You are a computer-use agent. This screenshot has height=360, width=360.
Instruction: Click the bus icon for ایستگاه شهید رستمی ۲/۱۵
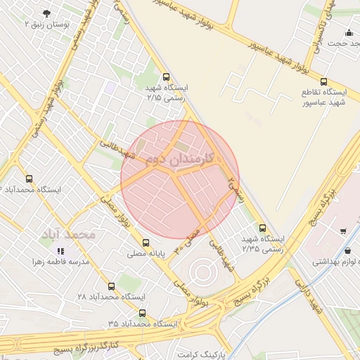[166, 77]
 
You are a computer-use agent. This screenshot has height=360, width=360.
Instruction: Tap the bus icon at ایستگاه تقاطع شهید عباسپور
[323, 82]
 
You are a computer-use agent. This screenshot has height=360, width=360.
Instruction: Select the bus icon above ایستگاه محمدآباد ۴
[29, 179]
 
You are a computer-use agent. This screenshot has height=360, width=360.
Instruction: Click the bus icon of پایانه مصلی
[146, 243]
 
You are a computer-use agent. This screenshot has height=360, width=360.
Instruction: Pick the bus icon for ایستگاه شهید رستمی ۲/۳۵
[262, 228]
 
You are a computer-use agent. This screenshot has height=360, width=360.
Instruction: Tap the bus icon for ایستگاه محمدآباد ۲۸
[112, 286]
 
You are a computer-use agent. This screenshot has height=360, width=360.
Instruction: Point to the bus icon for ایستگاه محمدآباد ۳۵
[143, 313]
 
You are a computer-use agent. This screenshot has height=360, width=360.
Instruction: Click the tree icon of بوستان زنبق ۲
[47, 13]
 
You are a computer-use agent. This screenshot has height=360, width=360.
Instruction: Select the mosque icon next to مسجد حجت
[349, 32]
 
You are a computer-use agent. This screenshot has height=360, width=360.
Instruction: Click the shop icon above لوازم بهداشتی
[342, 231]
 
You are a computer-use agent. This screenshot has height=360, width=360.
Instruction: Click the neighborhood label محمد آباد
[68, 233]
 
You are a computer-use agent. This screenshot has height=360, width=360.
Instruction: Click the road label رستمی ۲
[237, 188]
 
